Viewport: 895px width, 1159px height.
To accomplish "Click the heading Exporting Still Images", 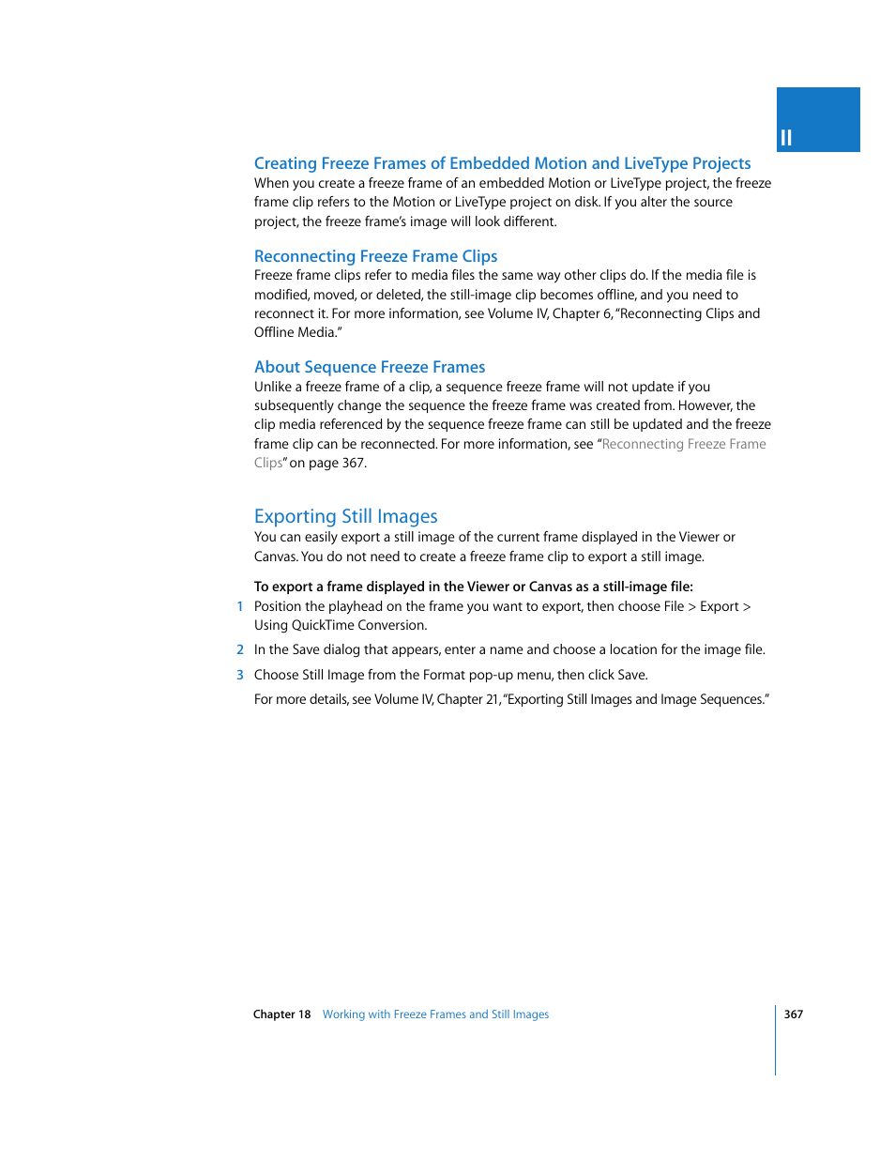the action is [345, 516].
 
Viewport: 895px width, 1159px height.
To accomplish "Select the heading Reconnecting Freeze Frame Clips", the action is [375, 256].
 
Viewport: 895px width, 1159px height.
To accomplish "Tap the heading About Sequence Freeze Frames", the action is [370, 367].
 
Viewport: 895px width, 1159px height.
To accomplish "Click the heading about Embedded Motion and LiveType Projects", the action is [502, 163].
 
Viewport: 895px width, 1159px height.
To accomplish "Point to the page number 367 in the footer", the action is [794, 1014].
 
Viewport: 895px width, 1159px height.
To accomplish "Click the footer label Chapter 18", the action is [281, 1014].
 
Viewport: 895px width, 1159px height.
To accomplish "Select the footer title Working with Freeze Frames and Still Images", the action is [435, 1014].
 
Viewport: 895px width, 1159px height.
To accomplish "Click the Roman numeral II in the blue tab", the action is [786, 138].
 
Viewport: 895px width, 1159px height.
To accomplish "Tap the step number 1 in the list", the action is [240, 607].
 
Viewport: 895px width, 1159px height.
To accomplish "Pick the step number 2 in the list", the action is [240, 650].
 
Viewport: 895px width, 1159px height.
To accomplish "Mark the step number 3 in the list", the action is [240, 676].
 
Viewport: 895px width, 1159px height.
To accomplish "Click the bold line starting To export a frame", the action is [473, 587].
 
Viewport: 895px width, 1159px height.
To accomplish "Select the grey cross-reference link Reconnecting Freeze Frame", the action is [683, 445].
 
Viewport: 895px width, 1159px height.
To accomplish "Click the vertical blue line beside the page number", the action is [776, 1040].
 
